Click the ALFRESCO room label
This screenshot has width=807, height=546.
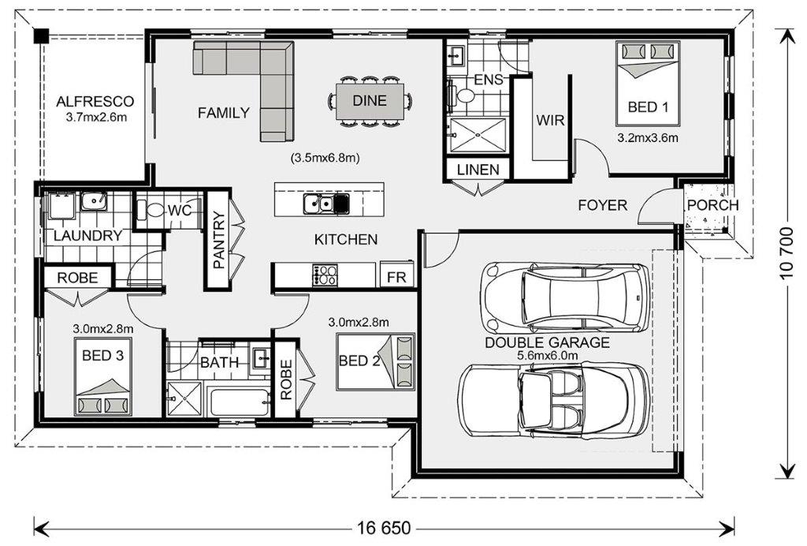pos(95,102)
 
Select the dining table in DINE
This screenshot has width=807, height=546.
pos(370,101)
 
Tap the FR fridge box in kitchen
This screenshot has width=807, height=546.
pos(396,277)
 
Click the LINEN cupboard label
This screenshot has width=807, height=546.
pos(478,170)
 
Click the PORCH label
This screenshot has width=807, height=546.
pos(712,205)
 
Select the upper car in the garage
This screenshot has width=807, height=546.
pos(565,297)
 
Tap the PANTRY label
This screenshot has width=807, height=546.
pos(219,240)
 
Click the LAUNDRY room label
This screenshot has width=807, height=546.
pos(87,236)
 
